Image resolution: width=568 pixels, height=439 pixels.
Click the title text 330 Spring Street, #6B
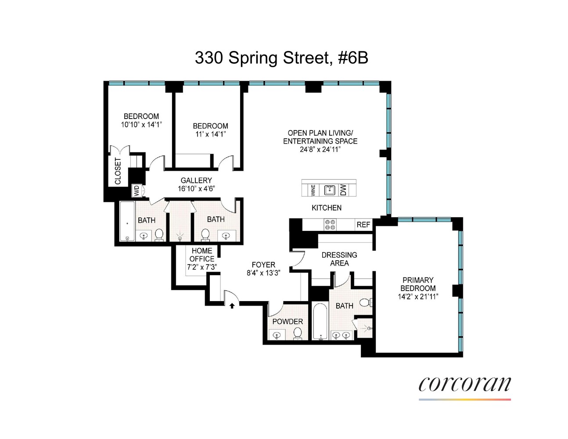click(281, 58)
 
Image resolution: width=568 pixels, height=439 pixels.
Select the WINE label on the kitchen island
click(313, 190)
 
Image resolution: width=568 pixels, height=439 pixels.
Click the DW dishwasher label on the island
click(343, 190)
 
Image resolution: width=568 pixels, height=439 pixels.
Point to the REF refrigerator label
click(363, 225)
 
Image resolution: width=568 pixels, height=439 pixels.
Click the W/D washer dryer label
click(137, 191)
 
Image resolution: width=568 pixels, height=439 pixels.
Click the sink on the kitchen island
click(329, 190)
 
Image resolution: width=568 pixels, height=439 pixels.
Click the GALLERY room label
click(196, 180)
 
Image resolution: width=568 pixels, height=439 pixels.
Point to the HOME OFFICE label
click(202, 255)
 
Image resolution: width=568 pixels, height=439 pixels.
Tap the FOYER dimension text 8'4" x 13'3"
click(263, 272)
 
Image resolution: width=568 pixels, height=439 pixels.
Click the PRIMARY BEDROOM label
click(418, 284)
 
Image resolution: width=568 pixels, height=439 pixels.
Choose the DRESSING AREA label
click(339, 259)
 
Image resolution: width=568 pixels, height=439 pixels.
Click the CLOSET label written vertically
click(118, 171)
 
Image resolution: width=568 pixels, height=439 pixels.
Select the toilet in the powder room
click(298, 333)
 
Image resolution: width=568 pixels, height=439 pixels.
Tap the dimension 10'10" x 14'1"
click(141, 125)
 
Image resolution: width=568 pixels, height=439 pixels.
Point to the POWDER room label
click(288, 321)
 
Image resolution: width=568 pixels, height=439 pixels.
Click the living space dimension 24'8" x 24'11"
click(320, 149)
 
